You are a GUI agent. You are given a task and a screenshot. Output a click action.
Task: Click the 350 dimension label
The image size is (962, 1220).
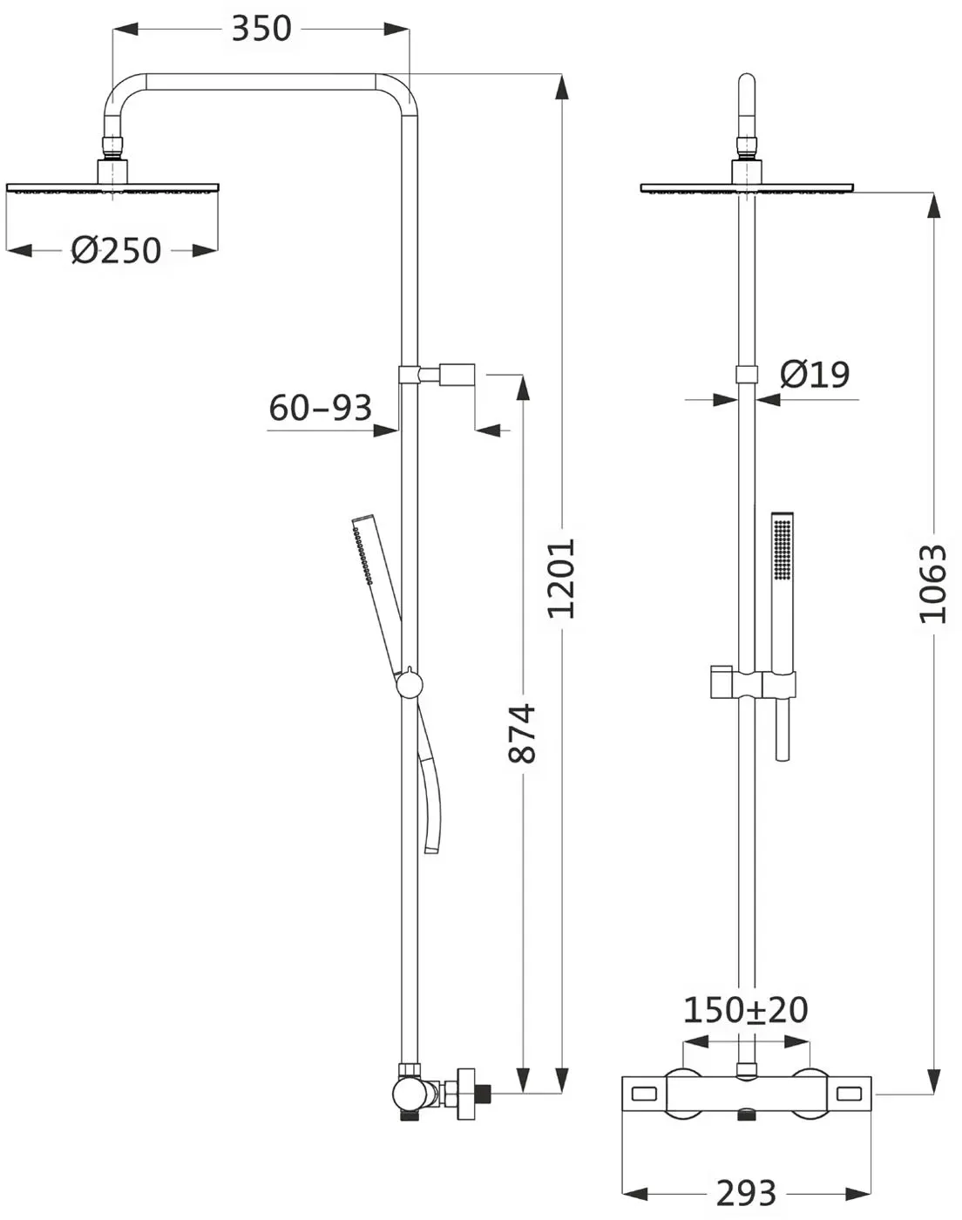click(261, 29)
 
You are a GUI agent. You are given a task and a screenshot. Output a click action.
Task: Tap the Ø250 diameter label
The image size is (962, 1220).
click(116, 250)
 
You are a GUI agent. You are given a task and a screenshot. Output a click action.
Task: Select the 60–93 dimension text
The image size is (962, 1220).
click(321, 408)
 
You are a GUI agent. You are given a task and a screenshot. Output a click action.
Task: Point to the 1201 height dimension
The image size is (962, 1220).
click(562, 579)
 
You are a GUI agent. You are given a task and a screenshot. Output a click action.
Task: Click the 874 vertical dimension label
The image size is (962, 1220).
click(522, 734)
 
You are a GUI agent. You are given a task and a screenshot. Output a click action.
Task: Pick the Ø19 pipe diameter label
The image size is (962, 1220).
click(816, 374)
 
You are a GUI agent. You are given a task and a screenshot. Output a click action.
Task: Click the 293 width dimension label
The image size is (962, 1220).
click(746, 1193)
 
